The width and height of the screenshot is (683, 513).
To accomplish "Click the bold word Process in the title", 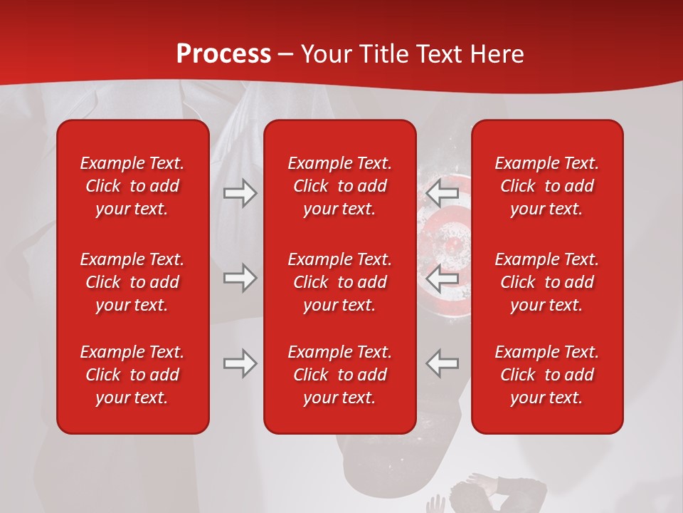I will click(223, 54).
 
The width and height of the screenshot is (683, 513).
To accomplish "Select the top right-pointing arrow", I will click(240, 193).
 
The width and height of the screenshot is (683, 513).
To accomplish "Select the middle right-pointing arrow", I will click(240, 279).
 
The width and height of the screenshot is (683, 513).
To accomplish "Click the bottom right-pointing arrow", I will click(240, 363).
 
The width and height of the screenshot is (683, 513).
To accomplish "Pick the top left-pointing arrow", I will click(443, 193).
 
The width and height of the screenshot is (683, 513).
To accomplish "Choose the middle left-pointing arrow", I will click(443, 279).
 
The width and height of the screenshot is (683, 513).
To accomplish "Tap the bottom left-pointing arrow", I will click(443, 363).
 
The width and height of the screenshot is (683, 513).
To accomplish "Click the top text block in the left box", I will click(132, 186).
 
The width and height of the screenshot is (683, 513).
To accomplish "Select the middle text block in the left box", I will click(132, 282).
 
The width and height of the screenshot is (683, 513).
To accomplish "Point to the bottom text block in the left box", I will click(132, 375).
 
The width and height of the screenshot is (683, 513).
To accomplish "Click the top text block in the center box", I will click(339, 186).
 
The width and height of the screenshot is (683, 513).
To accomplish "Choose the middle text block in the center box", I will click(339, 282).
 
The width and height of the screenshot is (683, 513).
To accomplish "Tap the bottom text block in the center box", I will click(339, 375).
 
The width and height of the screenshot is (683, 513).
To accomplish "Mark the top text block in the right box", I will click(546, 186).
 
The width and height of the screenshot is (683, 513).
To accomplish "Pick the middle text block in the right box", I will click(546, 282).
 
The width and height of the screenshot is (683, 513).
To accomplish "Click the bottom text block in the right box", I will click(546, 375).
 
